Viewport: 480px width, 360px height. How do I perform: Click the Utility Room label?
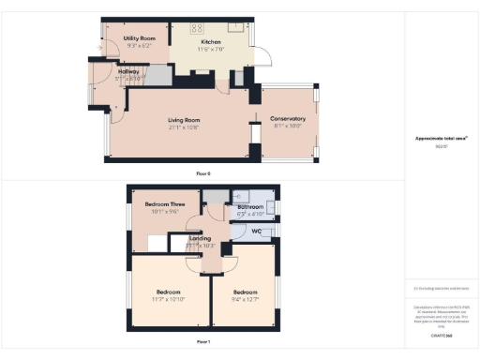[x=140, y=38]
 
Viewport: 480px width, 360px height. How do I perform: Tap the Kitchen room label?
[x=210, y=42]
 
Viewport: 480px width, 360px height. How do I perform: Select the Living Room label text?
[x=184, y=120]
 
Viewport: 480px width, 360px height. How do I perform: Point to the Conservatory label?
[x=288, y=119]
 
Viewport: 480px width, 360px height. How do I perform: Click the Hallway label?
[x=128, y=70]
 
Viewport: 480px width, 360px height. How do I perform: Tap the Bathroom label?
[x=250, y=206]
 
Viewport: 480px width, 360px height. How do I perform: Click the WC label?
[x=256, y=230]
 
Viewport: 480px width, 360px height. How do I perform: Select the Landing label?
[x=201, y=238]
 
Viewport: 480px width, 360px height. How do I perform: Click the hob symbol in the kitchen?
[x=198, y=28]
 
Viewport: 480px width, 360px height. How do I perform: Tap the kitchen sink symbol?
[x=235, y=27]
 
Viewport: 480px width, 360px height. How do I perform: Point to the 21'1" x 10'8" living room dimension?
[x=184, y=127]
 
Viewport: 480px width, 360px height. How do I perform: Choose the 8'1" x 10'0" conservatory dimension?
[x=287, y=127]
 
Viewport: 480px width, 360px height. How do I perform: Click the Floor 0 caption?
[x=202, y=174]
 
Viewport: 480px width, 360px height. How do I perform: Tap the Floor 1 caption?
[x=203, y=341]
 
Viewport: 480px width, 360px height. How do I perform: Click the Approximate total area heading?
[x=441, y=138]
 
